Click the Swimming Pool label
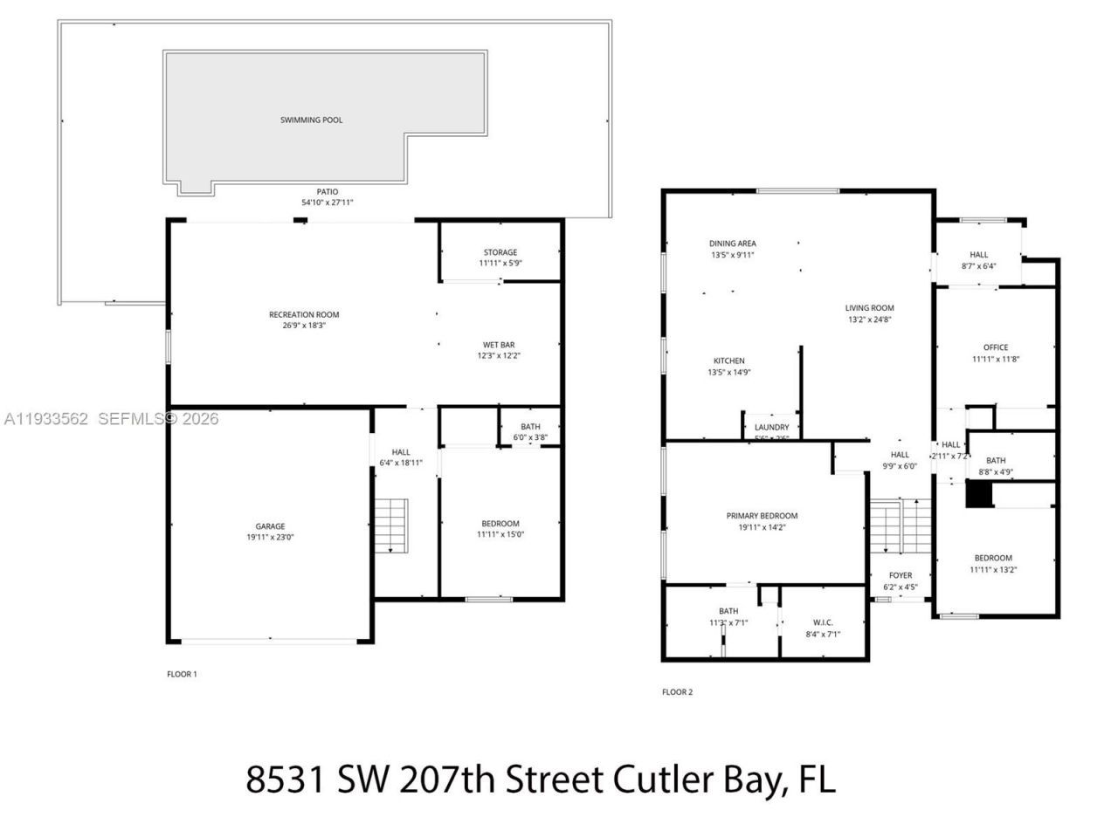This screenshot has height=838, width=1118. (x=311, y=120)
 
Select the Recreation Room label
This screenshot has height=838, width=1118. (x=304, y=314)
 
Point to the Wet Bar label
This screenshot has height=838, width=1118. (x=499, y=345)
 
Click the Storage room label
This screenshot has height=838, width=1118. (x=500, y=252)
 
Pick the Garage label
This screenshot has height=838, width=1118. (x=270, y=526)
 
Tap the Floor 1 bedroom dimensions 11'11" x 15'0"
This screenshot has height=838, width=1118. (x=500, y=534)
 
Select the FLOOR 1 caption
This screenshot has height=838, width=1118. (x=182, y=674)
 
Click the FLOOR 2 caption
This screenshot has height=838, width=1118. (x=677, y=692)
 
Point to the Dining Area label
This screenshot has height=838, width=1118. (x=732, y=244)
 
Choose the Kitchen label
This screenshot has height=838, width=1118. (x=729, y=361)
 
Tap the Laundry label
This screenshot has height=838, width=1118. (x=771, y=427)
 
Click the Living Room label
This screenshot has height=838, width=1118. (x=870, y=307)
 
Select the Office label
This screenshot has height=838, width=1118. (x=996, y=347)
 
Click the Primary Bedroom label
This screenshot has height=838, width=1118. (x=762, y=516)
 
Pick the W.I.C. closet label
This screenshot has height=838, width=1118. (x=822, y=622)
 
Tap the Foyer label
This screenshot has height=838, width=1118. (x=901, y=575)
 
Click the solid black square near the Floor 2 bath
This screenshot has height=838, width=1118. (x=979, y=495)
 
